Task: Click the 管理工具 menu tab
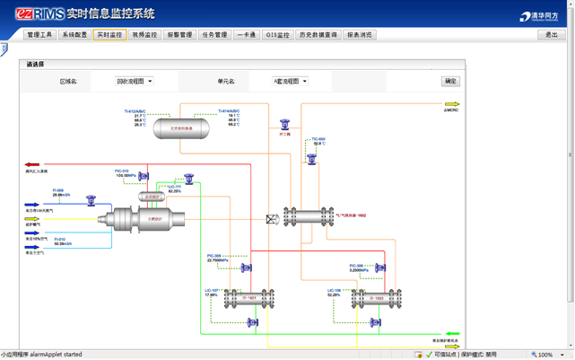[x=39, y=35]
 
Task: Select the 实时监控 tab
[x=109, y=35]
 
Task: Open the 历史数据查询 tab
[x=318, y=35]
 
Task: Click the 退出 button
[x=551, y=35]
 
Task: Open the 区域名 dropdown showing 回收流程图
[x=134, y=81]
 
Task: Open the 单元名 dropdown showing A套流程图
[x=290, y=81]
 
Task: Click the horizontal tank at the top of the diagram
[x=182, y=128]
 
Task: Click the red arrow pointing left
[x=32, y=165]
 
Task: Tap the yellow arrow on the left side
[x=32, y=219]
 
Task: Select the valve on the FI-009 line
[x=91, y=200]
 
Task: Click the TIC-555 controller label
[x=318, y=139]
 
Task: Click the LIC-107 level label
[x=212, y=290]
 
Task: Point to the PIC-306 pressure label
[x=356, y=266]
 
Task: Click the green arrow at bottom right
[x=452, y=335]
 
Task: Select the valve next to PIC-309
[x=247, y=267]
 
